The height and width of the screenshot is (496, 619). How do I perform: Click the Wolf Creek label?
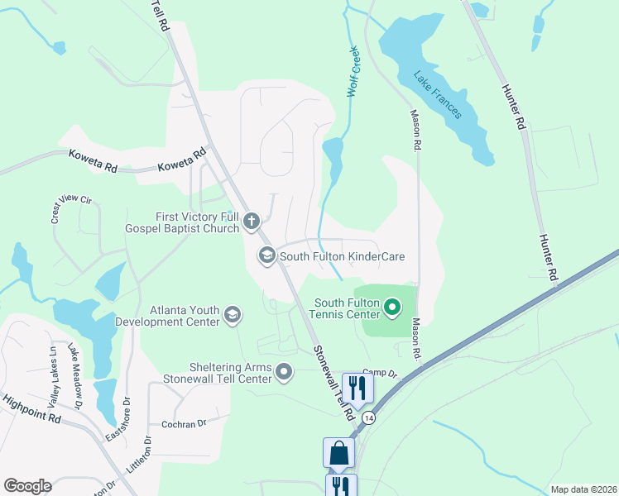click(355, 72)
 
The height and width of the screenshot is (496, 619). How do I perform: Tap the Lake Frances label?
click(438, 94)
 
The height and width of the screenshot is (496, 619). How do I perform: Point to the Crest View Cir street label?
click(70, 210)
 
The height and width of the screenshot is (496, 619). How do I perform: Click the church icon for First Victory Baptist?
click(252, 222)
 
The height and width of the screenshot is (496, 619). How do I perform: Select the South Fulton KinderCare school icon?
click(266, 256)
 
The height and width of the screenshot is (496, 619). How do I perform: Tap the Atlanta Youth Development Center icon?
click(233, 314)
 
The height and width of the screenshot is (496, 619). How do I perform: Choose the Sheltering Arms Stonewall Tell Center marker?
click(284, 372)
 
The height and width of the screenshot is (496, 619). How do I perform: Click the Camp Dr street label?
click(380, 374)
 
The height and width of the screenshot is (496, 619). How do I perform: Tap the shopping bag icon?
click(338, 453)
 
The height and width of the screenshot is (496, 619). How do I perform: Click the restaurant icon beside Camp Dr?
click(357, 386)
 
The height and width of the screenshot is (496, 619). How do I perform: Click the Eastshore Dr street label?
click(117, 421)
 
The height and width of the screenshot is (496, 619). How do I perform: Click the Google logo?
click(27, 486)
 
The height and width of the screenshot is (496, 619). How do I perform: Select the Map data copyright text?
click(583, 489)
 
